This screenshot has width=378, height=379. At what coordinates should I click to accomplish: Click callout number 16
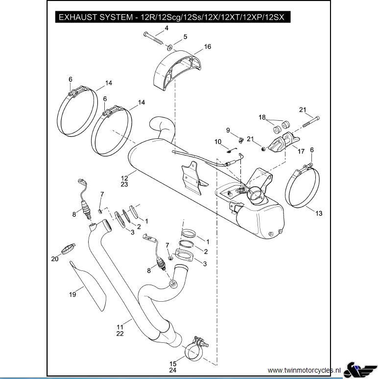pyautogui.click(x=208, y=47)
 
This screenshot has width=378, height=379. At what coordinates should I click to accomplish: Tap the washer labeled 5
pyautogui.click(x=169, y=47)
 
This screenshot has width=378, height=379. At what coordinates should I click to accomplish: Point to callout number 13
pyautogui.click(x=319, y=213)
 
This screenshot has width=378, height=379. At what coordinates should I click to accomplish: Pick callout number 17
pyautogui.click(x=301, y=152)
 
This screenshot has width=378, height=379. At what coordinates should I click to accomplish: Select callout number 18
pyautogui.click(x=262, y=117)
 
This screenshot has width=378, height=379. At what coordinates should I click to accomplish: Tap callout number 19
pyautogui.click(x=72, y=294)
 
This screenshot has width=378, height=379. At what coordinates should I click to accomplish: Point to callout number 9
pyautogui.click(x=228, y=130)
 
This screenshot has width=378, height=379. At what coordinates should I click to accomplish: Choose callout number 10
pyautogui.click(x=218, y=142)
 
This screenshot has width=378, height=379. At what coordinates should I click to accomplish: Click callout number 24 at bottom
pyautogui.click(x=173, y=370)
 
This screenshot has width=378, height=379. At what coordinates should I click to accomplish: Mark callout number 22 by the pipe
pyautogui.click(x=119, y=334)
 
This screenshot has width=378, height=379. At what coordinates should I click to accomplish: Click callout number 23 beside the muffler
pyautogui.click(x=124, y=185)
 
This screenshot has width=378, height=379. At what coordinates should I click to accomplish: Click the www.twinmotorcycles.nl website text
pyautogui.click(x=304, y=370)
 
